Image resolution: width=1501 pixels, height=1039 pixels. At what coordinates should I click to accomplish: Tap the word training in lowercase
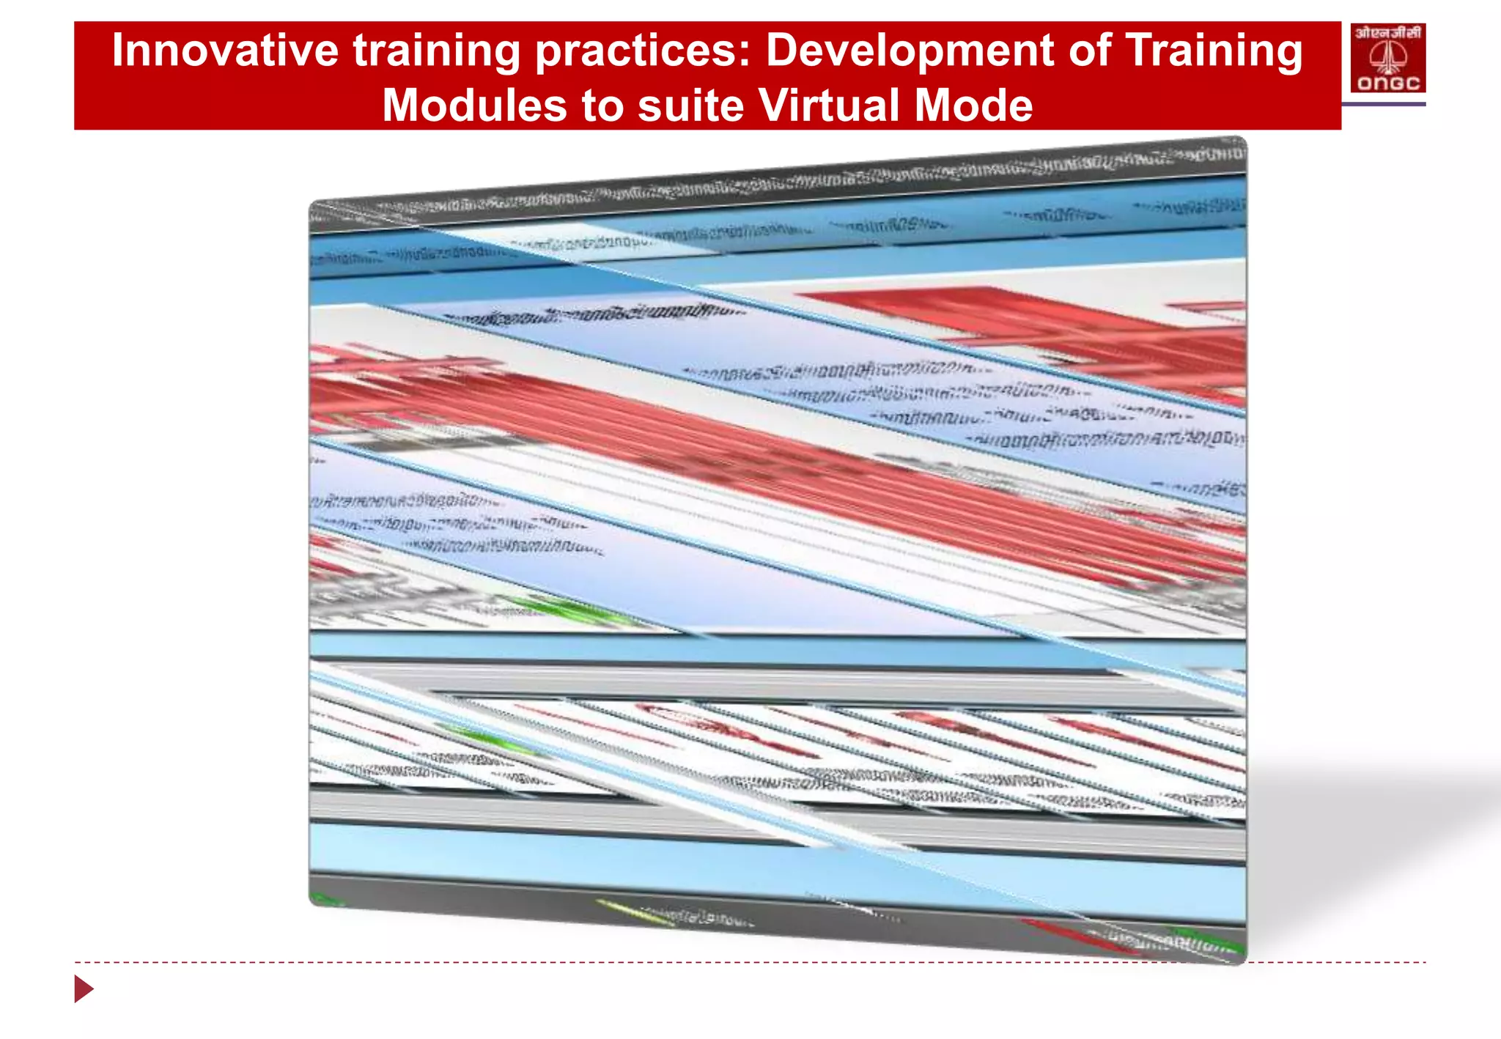tap(435, 51)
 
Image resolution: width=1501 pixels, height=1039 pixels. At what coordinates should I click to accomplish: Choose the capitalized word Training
tap(1214, 51)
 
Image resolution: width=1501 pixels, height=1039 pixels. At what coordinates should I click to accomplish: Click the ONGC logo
tap(1387, 58)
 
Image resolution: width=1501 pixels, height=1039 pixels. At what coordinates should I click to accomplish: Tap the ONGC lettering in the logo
tap(1387, 83)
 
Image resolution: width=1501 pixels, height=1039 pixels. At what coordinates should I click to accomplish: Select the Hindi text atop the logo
tap(1387, 32)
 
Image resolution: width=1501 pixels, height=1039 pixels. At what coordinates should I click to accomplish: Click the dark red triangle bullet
tap(83, 988)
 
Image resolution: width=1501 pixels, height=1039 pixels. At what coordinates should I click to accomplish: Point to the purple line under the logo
tap(1384, 104)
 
